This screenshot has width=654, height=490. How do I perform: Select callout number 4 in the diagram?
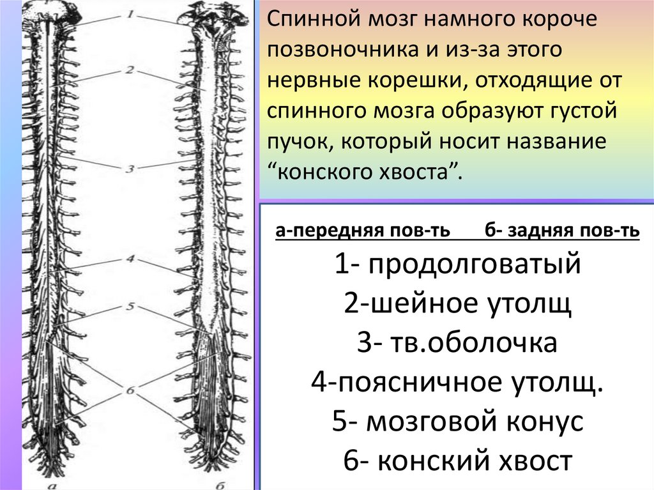(x=129, y=260)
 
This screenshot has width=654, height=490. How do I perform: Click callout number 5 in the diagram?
(x=130, y=307)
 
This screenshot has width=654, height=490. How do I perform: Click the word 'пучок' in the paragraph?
(x=294, y=142)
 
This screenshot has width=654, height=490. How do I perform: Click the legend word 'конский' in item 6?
(x=425, y=461)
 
